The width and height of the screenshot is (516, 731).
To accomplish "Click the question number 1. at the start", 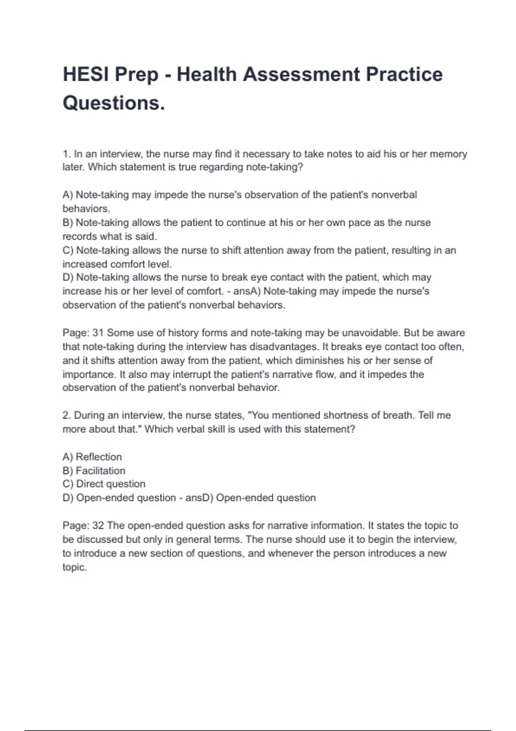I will [x=67, y=154].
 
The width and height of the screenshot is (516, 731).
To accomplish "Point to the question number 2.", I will [x=67, y=415].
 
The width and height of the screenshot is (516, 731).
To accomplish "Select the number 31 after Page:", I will [x=98, y=333].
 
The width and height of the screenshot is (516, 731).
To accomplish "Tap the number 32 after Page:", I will [x=98, y=525].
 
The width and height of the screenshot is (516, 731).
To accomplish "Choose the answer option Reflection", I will [x=98, y=457].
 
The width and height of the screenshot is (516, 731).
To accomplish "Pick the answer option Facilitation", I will [x=100, y=470].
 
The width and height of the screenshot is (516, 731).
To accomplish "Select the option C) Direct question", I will [x=104, y=484].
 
